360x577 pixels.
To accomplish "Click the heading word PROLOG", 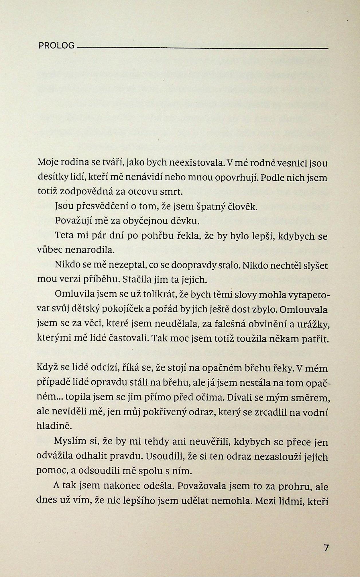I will pyautogui.click(x=56, y=46).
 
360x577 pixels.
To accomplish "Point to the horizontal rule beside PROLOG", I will pyautogui.click(x=202, y=48).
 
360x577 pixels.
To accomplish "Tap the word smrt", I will pyautogui.click(x=172, y=192).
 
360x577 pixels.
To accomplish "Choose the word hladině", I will pyautogui.click(x=54, y=426).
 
